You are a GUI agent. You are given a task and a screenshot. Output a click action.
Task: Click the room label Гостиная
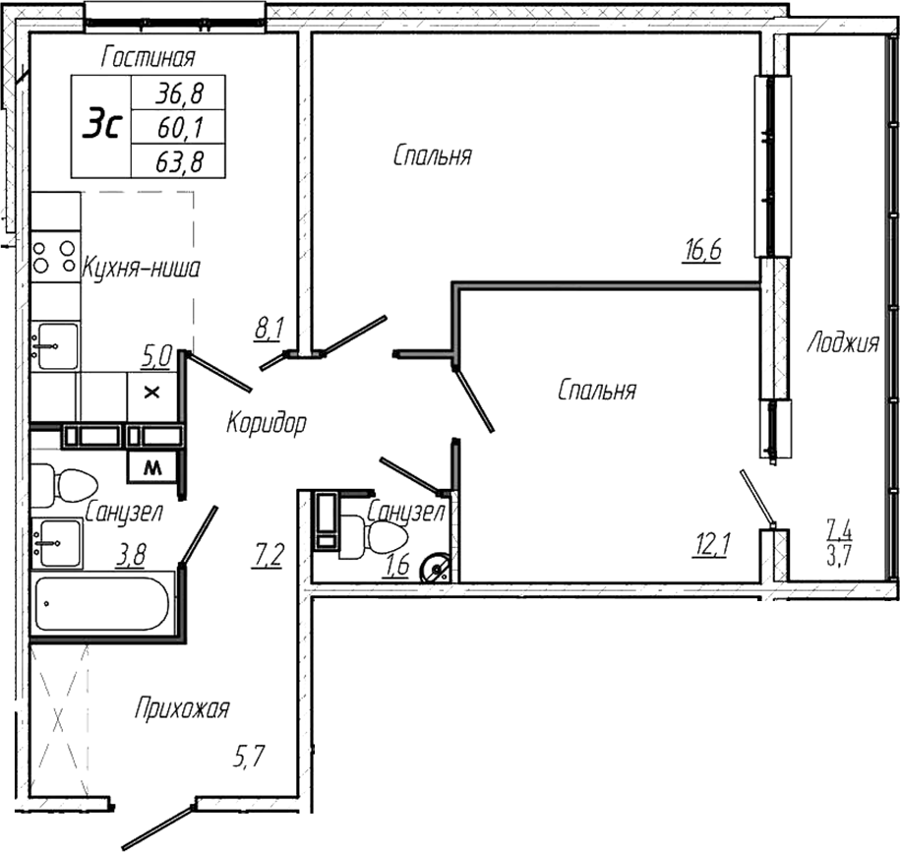point(149,59)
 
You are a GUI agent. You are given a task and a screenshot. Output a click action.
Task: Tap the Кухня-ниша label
point(142,268)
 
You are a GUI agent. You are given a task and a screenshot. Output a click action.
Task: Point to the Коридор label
point(266,424)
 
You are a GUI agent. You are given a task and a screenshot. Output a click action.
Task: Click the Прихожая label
point(182,708)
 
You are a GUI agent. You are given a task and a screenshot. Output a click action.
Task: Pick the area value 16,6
point(703,251)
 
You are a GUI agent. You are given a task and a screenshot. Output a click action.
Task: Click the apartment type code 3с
point(101,126)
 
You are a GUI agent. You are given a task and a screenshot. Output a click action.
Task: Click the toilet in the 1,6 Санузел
point(385,538)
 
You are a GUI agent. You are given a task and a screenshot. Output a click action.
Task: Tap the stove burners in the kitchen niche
point(54,257)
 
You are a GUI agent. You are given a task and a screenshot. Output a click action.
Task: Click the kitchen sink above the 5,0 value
point(54,345)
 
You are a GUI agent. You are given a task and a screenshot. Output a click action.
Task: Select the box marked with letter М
point(152,468)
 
